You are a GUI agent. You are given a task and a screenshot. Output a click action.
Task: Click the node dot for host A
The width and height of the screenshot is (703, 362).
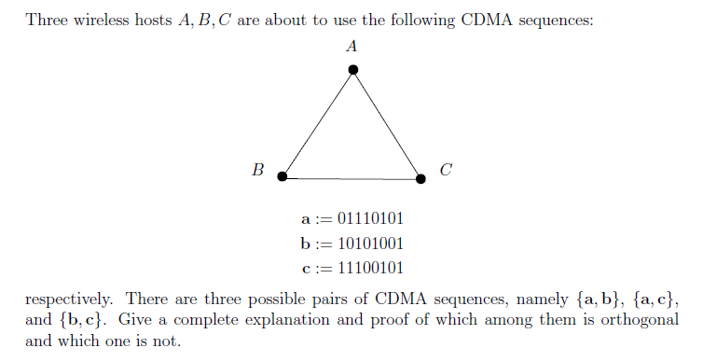click(x=352, y=70)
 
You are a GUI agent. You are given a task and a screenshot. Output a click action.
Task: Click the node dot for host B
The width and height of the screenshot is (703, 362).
click(x=282, y=175)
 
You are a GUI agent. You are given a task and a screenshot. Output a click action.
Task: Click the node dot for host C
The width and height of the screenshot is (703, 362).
click(x=420, y=178)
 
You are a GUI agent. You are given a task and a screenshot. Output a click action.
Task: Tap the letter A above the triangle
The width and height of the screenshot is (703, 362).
click(x=351, y=45)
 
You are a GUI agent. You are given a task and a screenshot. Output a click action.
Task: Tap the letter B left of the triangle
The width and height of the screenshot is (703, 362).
click(x=258, y=170)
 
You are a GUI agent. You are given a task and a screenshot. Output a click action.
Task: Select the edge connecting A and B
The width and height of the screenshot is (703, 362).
click(x=317, y=123)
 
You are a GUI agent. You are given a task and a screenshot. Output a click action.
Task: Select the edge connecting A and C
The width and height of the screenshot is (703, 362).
click(x=387, y=124)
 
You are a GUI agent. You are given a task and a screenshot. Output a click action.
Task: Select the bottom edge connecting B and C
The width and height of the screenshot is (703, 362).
click(x=351, y=177)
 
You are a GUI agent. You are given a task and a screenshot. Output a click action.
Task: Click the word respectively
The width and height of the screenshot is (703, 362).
click(x=70, y=300)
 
